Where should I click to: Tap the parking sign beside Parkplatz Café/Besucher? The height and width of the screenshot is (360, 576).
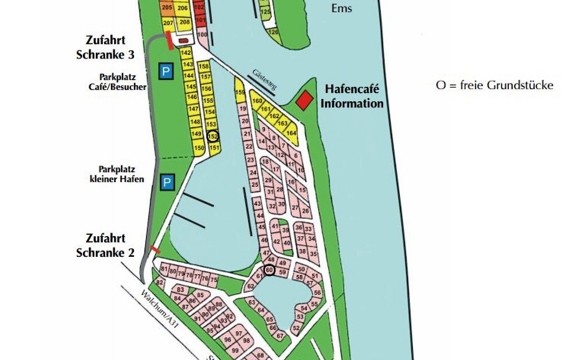point(166,72)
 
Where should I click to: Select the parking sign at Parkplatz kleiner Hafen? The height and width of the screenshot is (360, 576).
point(166,182)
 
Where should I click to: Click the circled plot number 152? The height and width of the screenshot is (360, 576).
point(213,136)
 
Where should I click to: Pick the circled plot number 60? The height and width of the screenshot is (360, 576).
point(269,270)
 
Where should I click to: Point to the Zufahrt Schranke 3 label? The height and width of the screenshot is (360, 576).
point(105,48)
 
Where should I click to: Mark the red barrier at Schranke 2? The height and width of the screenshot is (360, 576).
point(156,249)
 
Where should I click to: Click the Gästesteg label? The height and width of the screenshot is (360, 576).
point(264,80)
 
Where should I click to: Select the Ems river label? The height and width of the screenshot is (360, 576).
point(342,8)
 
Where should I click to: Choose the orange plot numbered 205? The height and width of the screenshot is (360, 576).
point(168,8)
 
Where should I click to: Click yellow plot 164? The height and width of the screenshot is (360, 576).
point(291,133)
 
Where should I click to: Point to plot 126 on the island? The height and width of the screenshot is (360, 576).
point(273,32)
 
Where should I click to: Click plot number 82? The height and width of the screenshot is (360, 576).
point(160,283)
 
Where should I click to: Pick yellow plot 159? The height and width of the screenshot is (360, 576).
point(240,93)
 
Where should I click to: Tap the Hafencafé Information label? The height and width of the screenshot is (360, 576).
point(352,96)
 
